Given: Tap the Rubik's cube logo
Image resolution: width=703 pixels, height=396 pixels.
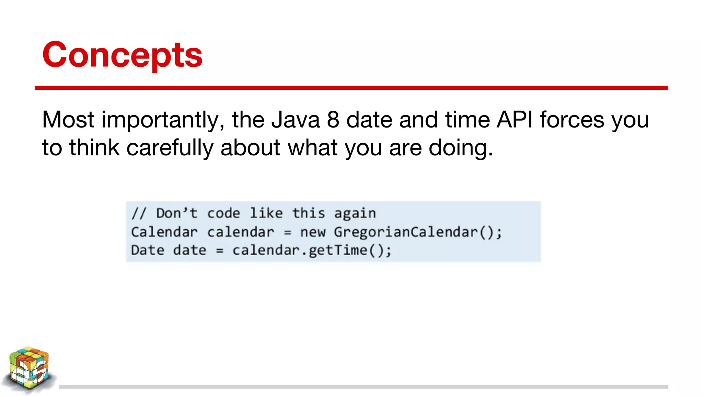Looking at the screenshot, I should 29,369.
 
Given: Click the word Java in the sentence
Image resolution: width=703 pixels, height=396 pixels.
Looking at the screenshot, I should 295,120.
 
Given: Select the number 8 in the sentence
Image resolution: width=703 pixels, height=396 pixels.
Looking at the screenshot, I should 333,120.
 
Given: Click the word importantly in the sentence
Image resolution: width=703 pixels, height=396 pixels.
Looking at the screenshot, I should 163,120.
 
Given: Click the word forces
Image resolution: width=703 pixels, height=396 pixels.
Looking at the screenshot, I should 572,120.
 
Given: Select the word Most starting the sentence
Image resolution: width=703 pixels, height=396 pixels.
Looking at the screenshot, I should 68,120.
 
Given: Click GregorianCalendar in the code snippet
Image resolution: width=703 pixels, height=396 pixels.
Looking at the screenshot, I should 406,232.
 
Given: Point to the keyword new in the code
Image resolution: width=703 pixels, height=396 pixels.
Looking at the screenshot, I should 313,232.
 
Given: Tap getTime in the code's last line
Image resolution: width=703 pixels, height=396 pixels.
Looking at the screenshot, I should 338,250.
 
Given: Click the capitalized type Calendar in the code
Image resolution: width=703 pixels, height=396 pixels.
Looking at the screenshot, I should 164,232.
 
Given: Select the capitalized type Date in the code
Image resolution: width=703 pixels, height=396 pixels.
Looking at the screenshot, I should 148,250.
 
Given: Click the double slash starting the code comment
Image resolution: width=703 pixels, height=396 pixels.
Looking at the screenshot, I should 139,213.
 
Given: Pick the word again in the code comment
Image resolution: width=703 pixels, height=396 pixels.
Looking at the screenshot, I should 355,214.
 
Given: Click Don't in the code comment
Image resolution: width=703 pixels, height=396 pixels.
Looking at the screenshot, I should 177,213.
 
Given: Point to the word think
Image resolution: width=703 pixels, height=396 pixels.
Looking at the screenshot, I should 94,148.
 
